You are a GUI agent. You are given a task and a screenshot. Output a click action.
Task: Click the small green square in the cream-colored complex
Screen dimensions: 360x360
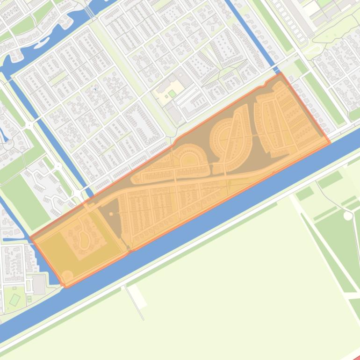tap(172, 94)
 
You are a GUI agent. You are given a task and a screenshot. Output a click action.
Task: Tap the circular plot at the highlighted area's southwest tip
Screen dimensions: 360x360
tap(67, 276)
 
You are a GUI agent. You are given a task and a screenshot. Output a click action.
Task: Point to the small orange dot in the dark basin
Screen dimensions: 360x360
tap(111, 214)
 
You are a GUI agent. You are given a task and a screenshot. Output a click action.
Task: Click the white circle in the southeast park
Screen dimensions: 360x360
tap(347, 216)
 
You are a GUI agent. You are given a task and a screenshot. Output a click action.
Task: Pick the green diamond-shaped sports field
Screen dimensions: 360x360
tap(15, 299)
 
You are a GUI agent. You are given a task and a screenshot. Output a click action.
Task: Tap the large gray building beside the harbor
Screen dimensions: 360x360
tap(39, 284)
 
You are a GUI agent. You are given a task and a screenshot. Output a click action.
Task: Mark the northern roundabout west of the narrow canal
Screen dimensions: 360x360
tap(29, 125)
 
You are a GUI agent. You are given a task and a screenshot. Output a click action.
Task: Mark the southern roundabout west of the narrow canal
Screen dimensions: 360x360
tap(58, 166)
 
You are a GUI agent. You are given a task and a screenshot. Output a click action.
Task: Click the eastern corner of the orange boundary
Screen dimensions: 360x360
tap(330, 142)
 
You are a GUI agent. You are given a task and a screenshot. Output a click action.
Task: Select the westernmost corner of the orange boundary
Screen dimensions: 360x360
tap(31, 238)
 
